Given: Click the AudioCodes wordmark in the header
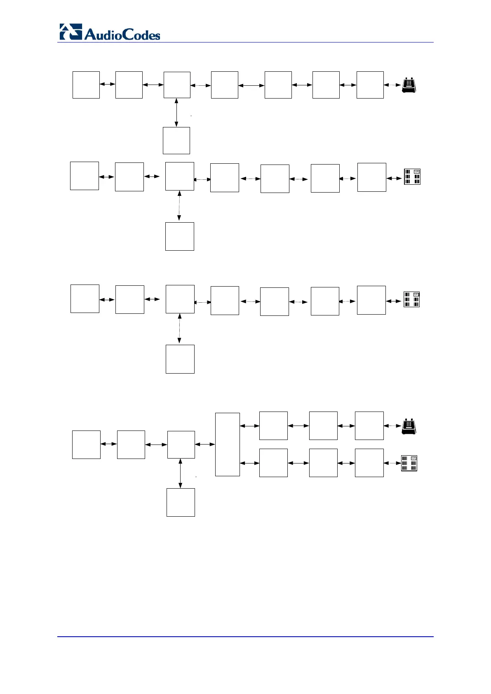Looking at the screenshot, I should pyautogui.click(x=122, y=34).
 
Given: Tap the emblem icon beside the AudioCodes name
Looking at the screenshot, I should pyautogui.click(x=70, y=32).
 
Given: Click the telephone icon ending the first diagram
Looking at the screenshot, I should pyautogui.click(x=409, y=85).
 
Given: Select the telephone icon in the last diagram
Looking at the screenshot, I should pyautogui.click(x=409, y=426).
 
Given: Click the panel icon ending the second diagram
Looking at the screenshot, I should pyautogui.click(x=412, y=176).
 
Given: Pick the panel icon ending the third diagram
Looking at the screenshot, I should pyautogui.click(x=411, y=299).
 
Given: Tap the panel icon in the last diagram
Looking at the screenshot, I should pyautogui.click(x=409, y=463).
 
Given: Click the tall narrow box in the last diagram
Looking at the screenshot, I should pyautogui.click(x=228, y=444).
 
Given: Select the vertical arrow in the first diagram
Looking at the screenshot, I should pyautogui.click(x=176, y=112).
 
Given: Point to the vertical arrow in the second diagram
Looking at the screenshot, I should pyautogui.click(x=179, y=206).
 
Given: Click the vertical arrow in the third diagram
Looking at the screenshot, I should pyautogui.click(x=179, y=329).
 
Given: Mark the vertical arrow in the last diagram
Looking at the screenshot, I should pyautogui.click(x=180, y=473).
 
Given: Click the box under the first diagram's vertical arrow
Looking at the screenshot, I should pyautogui.click(x=176, y=140).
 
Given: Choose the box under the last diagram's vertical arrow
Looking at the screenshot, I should pyautogui.click(x=181, y=502).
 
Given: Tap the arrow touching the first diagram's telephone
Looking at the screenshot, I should pyautogui.click(x=392, y=85).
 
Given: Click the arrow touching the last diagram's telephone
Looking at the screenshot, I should pyautogui.click(x=392, y=426).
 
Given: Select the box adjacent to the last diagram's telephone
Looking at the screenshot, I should pyautogui.click(x=369, y=426).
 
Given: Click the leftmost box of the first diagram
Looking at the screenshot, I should pyautogui.click(x=86, y=85).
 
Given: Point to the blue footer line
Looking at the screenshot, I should pyautogui.click(x=245, y=636).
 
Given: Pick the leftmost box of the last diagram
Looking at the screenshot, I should pyautogui.click(x=86, y=445).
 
